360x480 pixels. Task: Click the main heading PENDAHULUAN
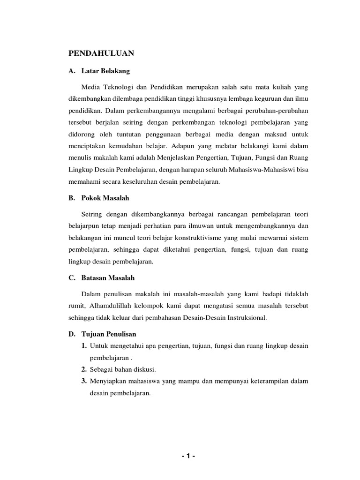[101, 53]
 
